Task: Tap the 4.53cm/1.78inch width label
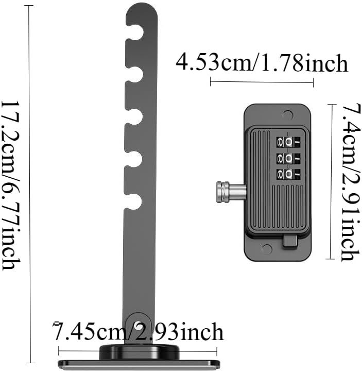click(x=262, y=63)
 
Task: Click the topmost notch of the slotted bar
click(x=135, y=33)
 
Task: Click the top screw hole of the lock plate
click(x=288, y=114)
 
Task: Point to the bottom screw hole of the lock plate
click(x=266, y=249)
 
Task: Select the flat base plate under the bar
click(x=139, y=364)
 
